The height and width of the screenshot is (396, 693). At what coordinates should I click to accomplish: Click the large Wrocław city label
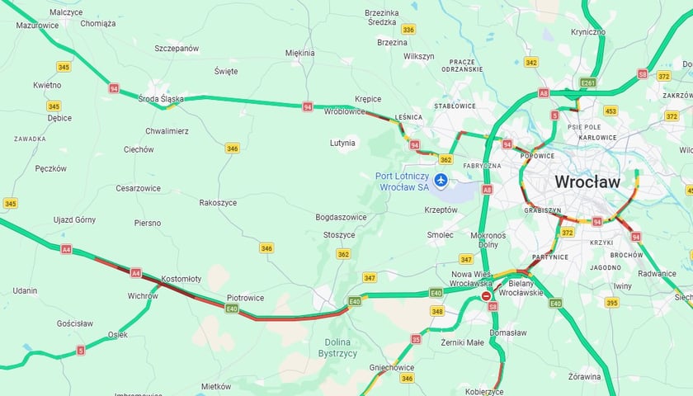click(x=587, y=181)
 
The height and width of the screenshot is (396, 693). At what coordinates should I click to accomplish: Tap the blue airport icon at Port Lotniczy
click(x=441, y=180)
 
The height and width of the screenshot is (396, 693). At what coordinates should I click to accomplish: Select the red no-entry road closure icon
click(x=487, y=295)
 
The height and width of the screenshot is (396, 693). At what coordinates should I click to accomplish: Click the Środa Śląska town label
click(x=161, y=99)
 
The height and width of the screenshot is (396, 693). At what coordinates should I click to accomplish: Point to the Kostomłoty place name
click(x=181, y=279)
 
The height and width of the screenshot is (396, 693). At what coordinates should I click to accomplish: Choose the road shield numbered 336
click(x=408, y=29)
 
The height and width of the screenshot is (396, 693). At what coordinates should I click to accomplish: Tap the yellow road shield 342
click(x=531, y=62)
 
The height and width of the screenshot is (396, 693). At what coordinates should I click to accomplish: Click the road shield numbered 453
click(x=610, y=111)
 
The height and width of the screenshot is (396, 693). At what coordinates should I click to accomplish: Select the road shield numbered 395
click(x=611, y=303)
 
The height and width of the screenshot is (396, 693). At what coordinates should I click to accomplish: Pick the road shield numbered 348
click(x=437, y=311)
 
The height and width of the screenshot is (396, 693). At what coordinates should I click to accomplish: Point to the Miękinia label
click(x=300, y=53)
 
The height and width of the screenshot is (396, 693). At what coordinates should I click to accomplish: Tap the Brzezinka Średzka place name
click(x=383, y=18)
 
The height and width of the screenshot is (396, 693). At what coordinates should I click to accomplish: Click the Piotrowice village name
click(x=246, y=298)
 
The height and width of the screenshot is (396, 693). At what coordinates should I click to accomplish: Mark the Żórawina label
click(x=584, y=376)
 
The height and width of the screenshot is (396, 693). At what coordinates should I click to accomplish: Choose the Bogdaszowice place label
click(x=341, y=217)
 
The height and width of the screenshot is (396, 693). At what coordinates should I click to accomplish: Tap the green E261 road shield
click(x=587, y=82)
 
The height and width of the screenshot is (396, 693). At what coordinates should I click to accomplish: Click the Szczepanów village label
click(x=177, y=49)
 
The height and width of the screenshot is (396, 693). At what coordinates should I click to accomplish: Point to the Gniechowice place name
click(x=392, y=367)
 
